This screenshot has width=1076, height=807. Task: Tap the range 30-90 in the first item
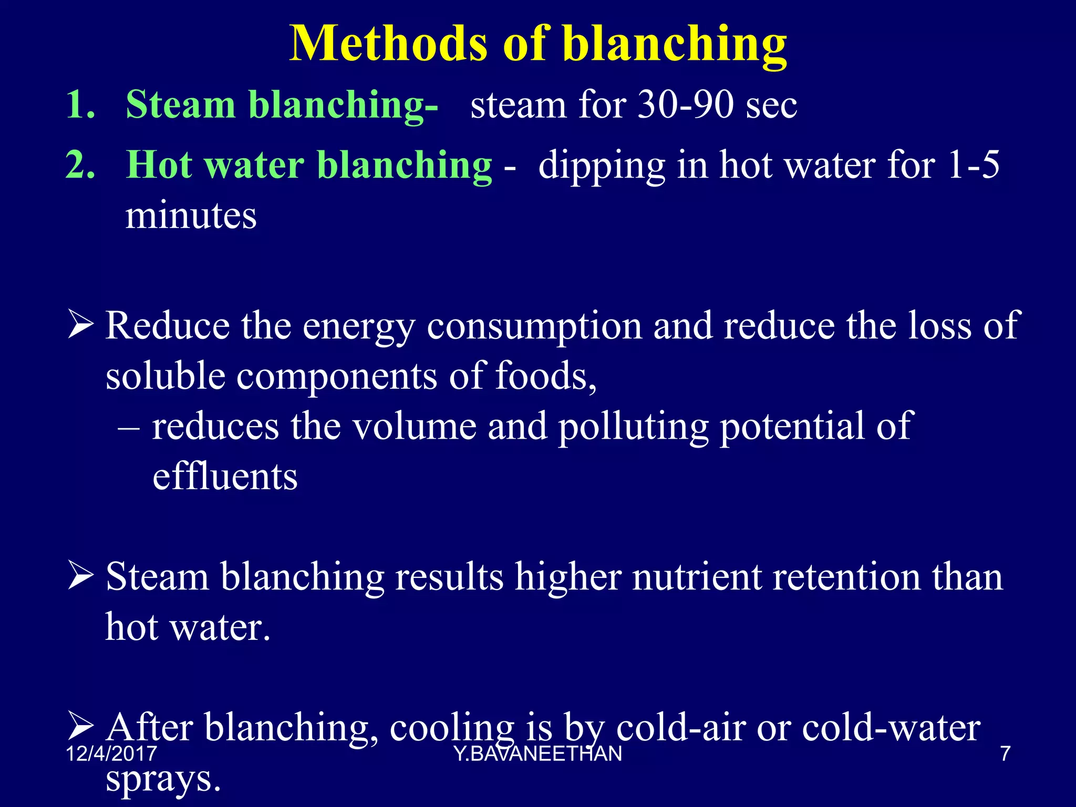click(685, 105)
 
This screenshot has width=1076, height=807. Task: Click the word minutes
click(191, 215)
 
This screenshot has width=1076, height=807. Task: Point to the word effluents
click(225, 477)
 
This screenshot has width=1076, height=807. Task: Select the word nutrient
click(697, 577)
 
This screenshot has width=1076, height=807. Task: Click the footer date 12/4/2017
click(111, 754)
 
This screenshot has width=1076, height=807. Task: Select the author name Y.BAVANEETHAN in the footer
click(538, 754)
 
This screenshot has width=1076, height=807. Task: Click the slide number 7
click(1005, 754)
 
